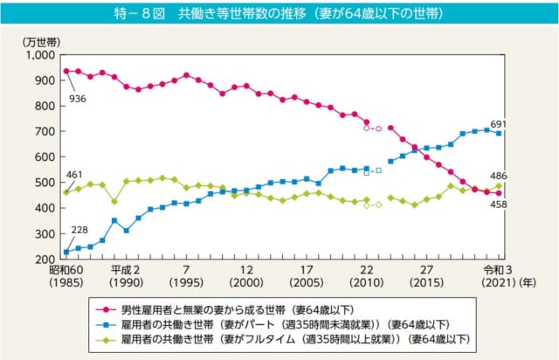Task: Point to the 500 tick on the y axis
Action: pos(43,183)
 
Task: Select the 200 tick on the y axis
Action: pos(43,260)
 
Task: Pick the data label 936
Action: pos(77,100)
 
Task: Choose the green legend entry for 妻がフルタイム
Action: pos(279,337)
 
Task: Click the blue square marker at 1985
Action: pos(66,253)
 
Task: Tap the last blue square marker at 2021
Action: pos(499,133)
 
